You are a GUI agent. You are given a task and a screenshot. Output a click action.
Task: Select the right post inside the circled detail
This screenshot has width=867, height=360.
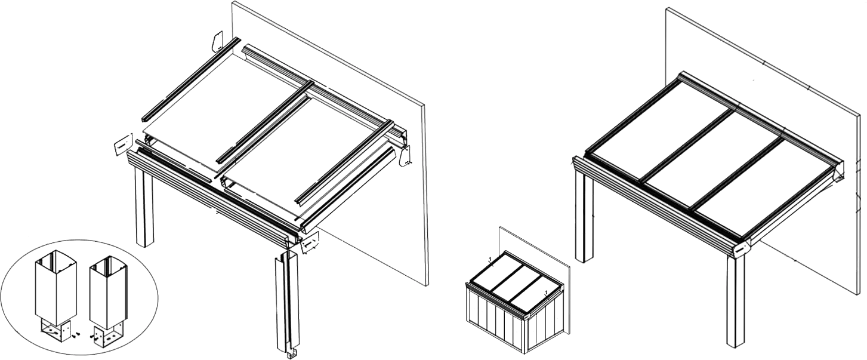coord(108,290)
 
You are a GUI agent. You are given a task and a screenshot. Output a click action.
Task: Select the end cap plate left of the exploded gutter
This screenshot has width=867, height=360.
coord(121,146)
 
